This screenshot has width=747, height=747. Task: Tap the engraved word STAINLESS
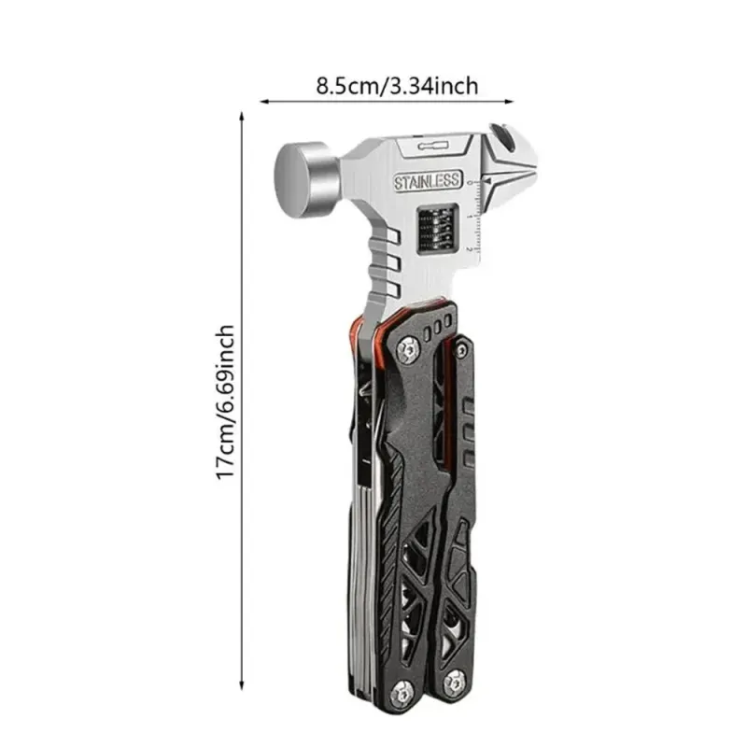coord(428,180)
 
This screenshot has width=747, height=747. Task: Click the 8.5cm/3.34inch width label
coord(396,86)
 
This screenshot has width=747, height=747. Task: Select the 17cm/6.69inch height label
coord(225,402)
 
